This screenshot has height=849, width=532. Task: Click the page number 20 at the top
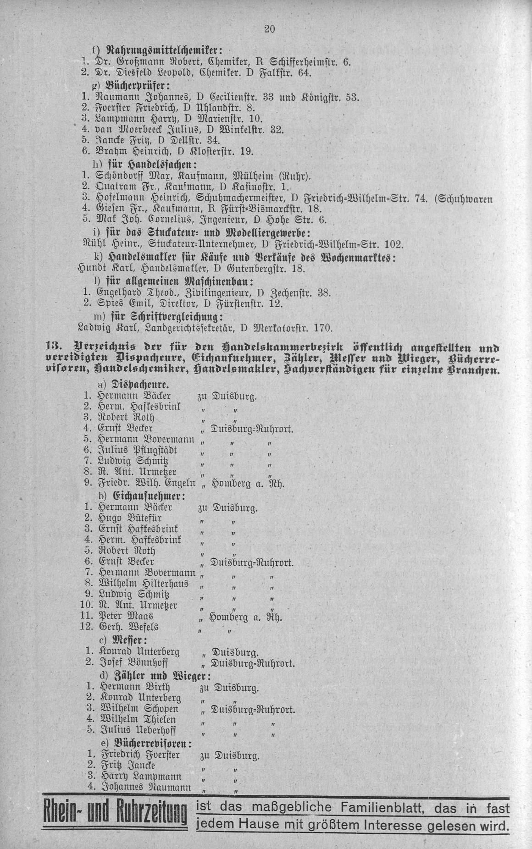pos(269,29)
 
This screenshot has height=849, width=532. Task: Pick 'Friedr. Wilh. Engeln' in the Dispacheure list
pos(146,482)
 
